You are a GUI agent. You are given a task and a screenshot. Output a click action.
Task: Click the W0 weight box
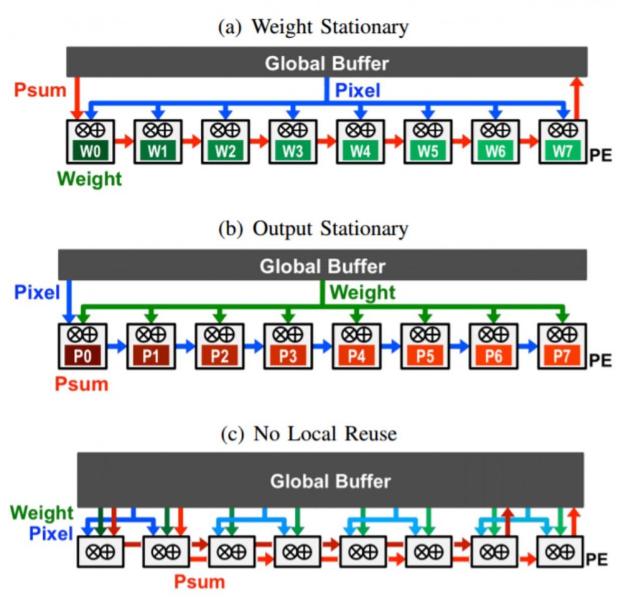click(90, 151)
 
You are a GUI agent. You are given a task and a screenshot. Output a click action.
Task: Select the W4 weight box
click(361, 151)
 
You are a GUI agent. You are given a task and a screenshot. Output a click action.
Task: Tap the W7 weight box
click(563, 151)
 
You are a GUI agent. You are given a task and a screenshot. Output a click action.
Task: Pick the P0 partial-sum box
click(83, 356)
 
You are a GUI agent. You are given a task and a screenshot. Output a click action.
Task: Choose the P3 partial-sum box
click(288, 356)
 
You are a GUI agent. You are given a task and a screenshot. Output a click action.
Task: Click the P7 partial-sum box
click(562, 356)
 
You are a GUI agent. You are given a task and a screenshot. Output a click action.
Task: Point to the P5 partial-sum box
click(425, 356)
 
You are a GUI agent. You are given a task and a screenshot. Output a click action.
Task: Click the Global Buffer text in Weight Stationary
click(327, 63)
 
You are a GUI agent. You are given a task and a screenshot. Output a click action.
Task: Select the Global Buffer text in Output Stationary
click(322, 266)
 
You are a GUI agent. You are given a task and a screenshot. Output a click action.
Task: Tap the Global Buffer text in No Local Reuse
click(331, 481)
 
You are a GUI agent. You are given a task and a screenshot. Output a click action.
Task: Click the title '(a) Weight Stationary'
click(314, 27)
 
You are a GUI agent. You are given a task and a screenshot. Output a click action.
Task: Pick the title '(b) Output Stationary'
click(314, 229)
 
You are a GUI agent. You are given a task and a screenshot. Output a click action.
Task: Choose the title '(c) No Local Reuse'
click(309, 433)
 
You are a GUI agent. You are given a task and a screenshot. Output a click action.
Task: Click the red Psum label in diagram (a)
click(40, 90)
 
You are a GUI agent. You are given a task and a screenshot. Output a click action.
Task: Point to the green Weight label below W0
click(90, 179)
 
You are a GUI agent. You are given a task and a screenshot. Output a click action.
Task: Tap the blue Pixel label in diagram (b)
click(37, 292)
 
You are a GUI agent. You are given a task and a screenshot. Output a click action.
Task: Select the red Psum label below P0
click(81, 384)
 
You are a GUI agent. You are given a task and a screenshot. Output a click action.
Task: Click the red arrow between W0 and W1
click(124, 141)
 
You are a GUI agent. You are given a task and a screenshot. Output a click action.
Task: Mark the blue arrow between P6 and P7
click(528, 346)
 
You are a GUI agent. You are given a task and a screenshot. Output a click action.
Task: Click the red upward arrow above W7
click(577, 98)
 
